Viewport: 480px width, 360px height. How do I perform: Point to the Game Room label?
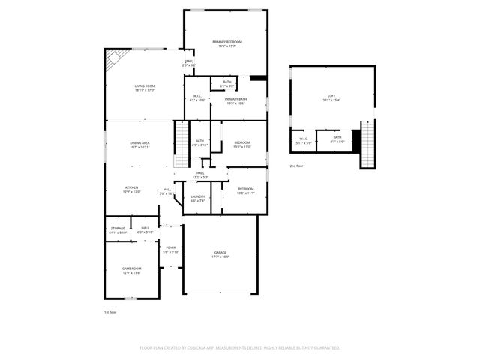(x=132, y=270)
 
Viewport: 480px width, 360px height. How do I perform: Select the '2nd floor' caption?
(x=297, y=165)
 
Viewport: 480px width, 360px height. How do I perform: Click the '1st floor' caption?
(x=110, y=311)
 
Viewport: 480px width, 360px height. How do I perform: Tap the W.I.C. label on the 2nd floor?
(x=304, y=139)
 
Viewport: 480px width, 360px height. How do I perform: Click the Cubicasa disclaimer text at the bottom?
(x=240, y=347)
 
